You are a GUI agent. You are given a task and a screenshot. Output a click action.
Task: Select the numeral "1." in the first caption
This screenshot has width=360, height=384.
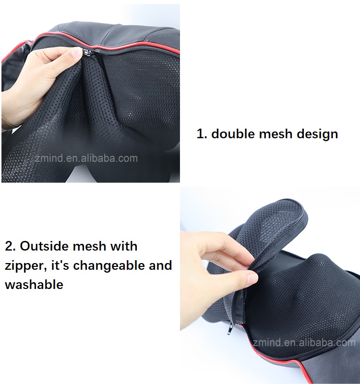coord(202,134)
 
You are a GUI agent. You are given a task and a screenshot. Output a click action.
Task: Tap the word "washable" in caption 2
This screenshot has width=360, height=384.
coord(34,284)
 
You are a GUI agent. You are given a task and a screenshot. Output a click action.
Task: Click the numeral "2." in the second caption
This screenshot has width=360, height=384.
coord(11,246)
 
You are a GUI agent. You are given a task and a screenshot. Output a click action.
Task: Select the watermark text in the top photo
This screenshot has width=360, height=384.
coord(86,158)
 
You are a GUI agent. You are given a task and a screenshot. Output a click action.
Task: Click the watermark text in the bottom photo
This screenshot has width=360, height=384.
coord(304,342)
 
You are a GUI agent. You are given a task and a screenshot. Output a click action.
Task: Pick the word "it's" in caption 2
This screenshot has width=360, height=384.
coord(60,265)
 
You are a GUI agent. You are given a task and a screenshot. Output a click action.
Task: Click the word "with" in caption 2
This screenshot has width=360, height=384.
coord(124,246)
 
